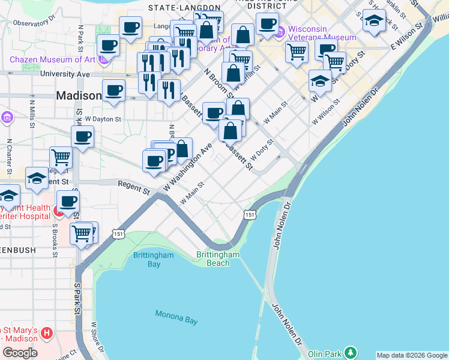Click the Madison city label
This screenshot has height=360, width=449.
[x=79, y=95]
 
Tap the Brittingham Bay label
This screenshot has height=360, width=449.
[x=153, y=259]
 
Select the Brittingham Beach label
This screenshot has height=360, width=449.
[x=218, y=259]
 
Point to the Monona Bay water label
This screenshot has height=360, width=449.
[x=176, y=317]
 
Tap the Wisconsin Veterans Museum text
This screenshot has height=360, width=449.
[x=322, y=33]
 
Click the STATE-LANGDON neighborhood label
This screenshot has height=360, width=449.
[x=181, y=8]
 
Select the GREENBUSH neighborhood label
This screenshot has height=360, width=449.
[x=18, y=250]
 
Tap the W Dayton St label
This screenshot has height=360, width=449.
[x=103, y=119]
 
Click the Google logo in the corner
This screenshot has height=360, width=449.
[x=20, y=353]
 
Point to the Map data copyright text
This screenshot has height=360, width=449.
[x=411, y=355]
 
